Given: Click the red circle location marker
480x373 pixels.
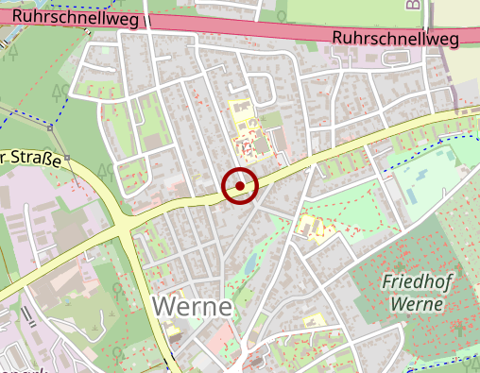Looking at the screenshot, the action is pyautogui.click(x=241, y=186).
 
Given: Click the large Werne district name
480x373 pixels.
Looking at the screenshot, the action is pyautogui.click(x=192, y=307).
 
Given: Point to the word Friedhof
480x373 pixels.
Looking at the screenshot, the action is pyautogui.click(x=415, y=281).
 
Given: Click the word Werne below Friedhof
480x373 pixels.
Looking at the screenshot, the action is pyautogui.click(x=415, y=303).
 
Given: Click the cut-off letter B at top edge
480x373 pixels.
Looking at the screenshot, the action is pyautogui.click(x=413, y=4).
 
